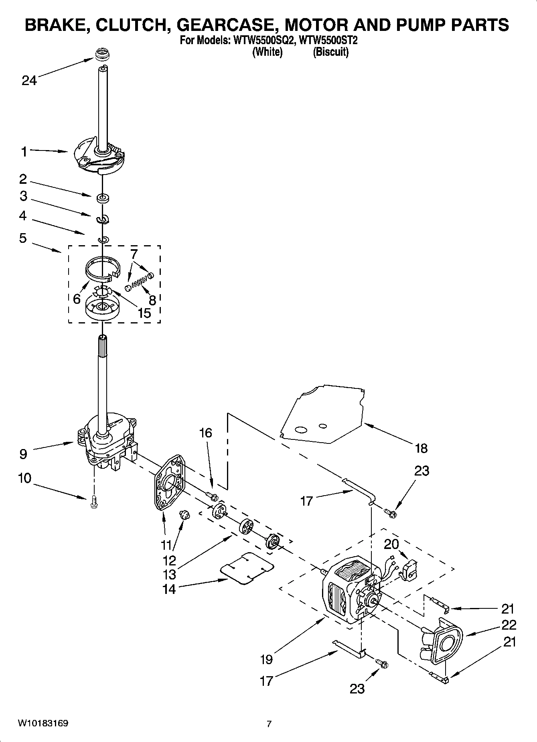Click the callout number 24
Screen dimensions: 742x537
click(x=29, y=81)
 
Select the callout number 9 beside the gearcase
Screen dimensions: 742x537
click(x=23, y=454)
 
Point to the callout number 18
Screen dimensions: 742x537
click(x=421, y=448)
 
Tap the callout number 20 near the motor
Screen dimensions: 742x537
click(x=391, y=545)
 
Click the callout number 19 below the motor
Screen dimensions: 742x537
click(x=266, y=659)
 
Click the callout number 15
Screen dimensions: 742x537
click(x=144, y=313)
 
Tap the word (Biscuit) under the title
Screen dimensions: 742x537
click(x=330, y=52)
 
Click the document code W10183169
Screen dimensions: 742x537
click(x=43, y=724)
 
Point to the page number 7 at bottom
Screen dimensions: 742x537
click(x=269, y=724)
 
